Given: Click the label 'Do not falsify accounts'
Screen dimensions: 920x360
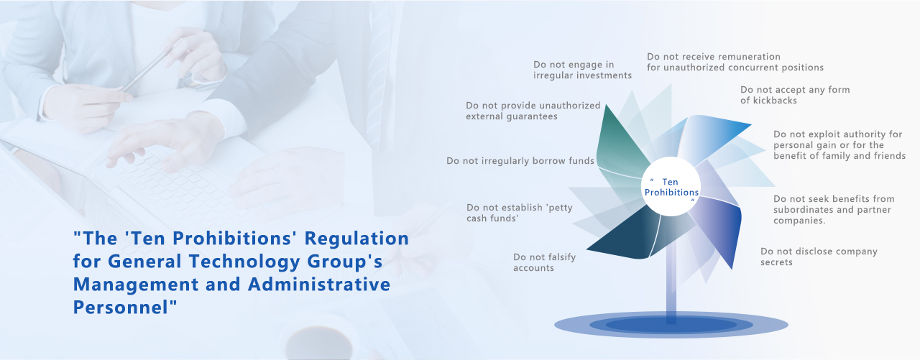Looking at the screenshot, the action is click(x=544, y=262).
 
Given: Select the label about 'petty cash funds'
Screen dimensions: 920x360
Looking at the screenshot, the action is click(x=520, y=213).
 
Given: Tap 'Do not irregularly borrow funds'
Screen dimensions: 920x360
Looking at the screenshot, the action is click(x=520, y=160).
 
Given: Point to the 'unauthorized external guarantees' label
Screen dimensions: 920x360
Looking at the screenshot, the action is click(x=533, y=111).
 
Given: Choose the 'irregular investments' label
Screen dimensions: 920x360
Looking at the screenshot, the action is click(x=582, y=70).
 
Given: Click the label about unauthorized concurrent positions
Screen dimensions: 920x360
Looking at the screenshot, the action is click(x=735, y=62).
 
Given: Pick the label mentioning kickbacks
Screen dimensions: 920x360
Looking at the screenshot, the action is click(x=795, y=95).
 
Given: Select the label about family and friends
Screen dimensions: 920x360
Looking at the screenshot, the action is click(x=839, y=145).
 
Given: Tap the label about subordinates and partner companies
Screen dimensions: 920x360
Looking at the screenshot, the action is click(x=834, y=209).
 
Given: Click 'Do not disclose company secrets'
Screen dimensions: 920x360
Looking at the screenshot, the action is click(x=819, y=257).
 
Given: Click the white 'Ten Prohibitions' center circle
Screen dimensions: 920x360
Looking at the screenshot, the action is click(x=671, y=186).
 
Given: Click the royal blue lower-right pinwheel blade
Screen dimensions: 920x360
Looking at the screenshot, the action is click(x=721, y=226).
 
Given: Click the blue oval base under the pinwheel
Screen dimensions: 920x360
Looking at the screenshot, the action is click(x=671, y=325).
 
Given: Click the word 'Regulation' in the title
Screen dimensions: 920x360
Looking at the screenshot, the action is click(x=356, y=239).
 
